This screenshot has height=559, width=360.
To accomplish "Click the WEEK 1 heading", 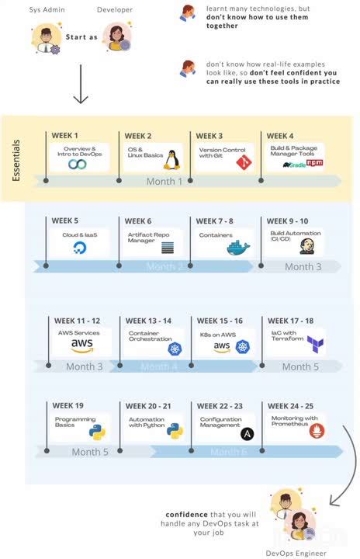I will [x=65, y=136].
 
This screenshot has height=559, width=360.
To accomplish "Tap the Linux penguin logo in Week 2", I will [x=171, y=161].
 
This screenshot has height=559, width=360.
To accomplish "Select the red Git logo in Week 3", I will [x=243, y=163].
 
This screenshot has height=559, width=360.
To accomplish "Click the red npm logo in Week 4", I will [x=314, y=164].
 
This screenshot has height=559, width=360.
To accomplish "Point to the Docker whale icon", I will [x=238, y=248].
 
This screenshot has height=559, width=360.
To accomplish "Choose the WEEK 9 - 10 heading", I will [x=288, y=221].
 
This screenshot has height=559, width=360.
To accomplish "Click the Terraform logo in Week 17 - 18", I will [x=315, y=342].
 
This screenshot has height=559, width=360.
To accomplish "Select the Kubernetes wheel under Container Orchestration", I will [x=175, y=349].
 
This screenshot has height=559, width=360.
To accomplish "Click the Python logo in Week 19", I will [x=96, y=432].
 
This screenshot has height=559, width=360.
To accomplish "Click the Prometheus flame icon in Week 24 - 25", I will [x=317, y=429].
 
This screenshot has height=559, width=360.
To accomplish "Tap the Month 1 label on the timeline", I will [x=164, y=182].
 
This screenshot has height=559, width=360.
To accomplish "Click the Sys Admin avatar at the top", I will [x=47, y=38].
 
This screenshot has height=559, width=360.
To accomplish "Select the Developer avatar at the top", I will [x=117, y=36].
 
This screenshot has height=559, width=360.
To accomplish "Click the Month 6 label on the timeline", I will [x=228, y=452].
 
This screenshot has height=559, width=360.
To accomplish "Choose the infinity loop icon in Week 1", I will [x=78, y=164].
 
